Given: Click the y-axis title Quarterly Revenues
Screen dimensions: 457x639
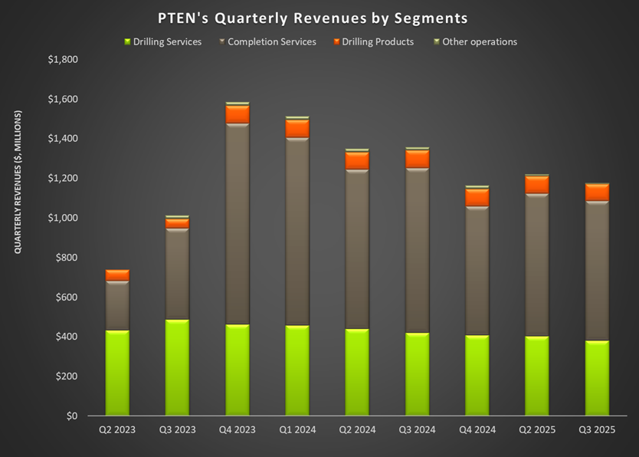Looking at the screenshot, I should pos(17,182).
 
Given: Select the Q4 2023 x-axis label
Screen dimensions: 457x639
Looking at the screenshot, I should pos(237,430).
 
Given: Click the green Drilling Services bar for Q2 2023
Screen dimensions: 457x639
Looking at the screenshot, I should pos(117,373).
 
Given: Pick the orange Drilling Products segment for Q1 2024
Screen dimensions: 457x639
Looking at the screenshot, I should pos(297,128).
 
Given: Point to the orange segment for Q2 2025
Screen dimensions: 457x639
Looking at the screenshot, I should pos(536,185).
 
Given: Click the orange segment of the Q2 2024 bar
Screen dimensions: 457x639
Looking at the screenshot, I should pos(356,160).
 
